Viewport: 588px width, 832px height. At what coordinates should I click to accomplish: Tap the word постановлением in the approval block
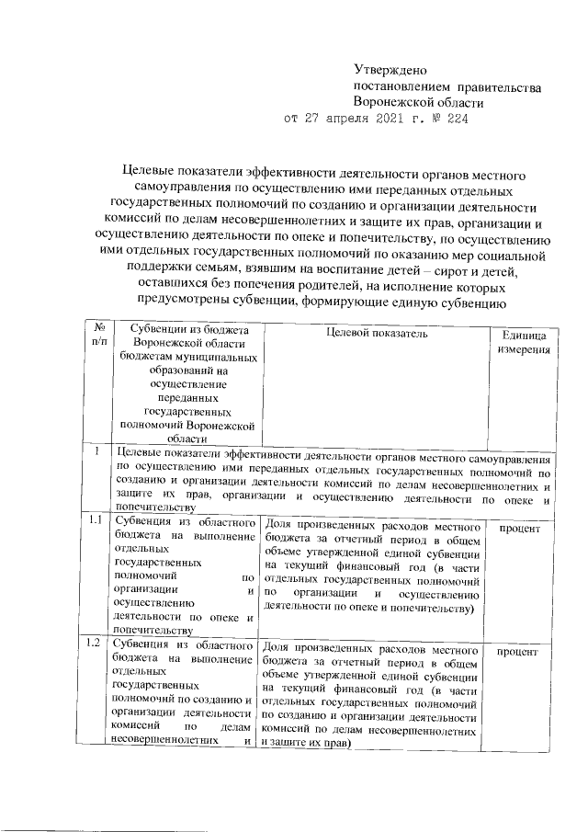tap(400, 86)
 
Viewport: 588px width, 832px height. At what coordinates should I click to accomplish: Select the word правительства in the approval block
tap(500, 86)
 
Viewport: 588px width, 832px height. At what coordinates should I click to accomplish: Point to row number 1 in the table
tap(96, 450)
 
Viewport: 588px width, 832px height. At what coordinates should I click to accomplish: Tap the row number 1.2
tap(94, 643)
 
